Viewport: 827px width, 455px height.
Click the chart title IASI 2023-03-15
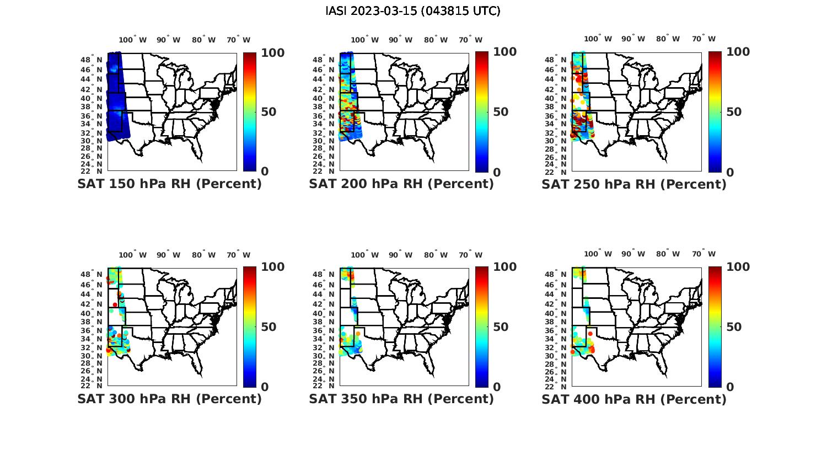coord(412,11)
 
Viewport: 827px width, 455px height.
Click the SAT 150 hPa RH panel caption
coord(169,184)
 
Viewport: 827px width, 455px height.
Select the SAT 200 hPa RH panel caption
coord(401,184)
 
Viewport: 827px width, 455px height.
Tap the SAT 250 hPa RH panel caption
coord(634,184)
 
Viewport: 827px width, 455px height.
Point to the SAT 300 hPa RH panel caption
coord(169,399)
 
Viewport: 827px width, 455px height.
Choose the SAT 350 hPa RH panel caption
coord(401,399)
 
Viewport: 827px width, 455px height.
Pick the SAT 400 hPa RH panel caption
coord(634,399)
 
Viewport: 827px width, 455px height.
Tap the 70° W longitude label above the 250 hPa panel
coord(704,39)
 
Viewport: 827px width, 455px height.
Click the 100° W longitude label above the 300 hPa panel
coord(133,255)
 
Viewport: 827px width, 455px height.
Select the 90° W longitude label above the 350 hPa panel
coord(400,255)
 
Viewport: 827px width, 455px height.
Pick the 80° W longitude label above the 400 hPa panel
coord(668,255)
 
